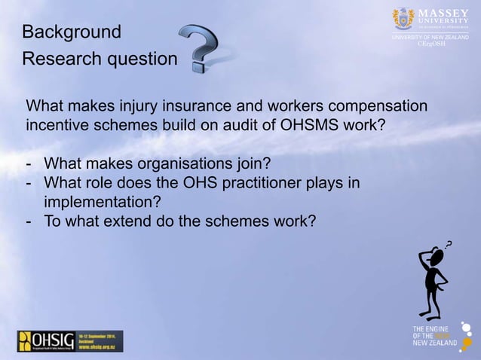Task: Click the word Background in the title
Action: (x=72, y=32)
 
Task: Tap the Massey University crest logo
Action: (x=403, y=18)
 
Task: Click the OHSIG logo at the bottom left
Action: (x=69, y=340)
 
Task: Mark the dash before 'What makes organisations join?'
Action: (x=29, y=163)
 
